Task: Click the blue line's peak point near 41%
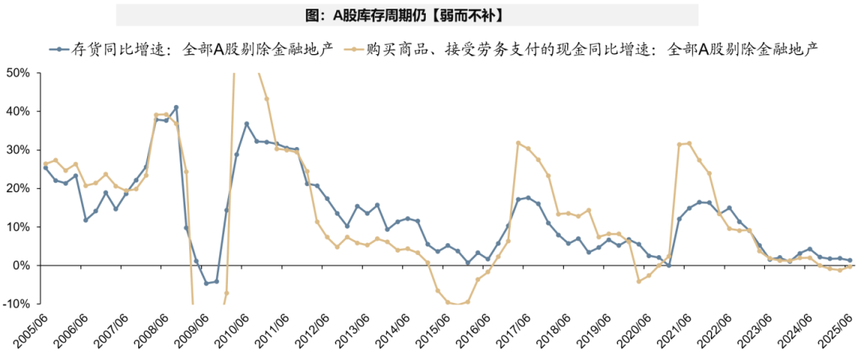[x=176, y=107]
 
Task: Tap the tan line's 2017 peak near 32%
[x=518, y=143]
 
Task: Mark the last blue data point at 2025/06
[x=849, y=260]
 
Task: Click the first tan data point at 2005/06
[x=45, y=163]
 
